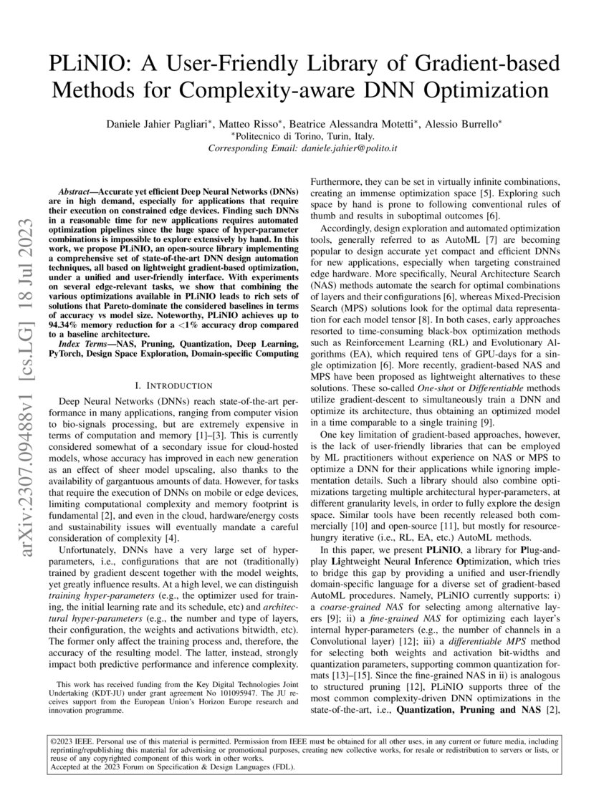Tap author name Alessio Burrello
[x=463, y=123]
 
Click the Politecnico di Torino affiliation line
[x=304, y=136]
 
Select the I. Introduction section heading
[x=176, y=387]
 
